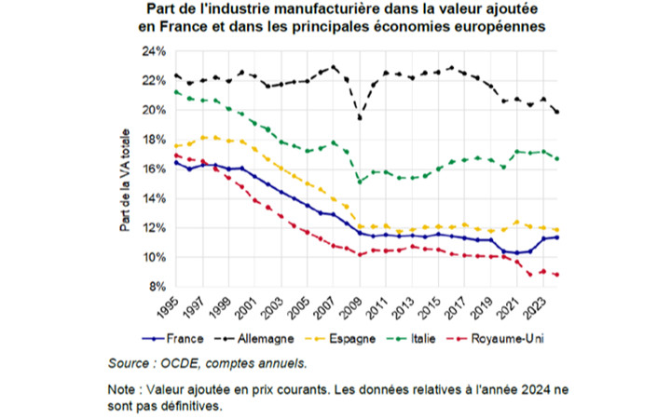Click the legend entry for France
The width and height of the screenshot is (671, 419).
tap(172, 339)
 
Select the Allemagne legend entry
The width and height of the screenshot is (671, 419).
tap(254, 339)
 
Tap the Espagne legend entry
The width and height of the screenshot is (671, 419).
tap(340, 339)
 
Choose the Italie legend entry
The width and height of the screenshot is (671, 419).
tap(411, 339)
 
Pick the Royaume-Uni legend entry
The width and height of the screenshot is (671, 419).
tap(495, 339)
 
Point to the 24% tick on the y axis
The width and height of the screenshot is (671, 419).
tap(154, 51)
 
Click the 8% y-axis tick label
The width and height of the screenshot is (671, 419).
tap(157, 287)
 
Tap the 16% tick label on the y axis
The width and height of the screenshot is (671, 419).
tap(154, 169)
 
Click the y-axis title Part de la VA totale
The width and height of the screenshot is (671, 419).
tap(125, 180)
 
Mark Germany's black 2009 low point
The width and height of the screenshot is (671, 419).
tap(360, 117)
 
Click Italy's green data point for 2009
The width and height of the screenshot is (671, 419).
tap(360, 182)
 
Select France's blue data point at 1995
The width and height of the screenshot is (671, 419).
tap(176, 163)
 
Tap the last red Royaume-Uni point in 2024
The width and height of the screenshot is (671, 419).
tap(556, 275)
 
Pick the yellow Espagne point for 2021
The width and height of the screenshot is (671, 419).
tap(517, 222)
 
